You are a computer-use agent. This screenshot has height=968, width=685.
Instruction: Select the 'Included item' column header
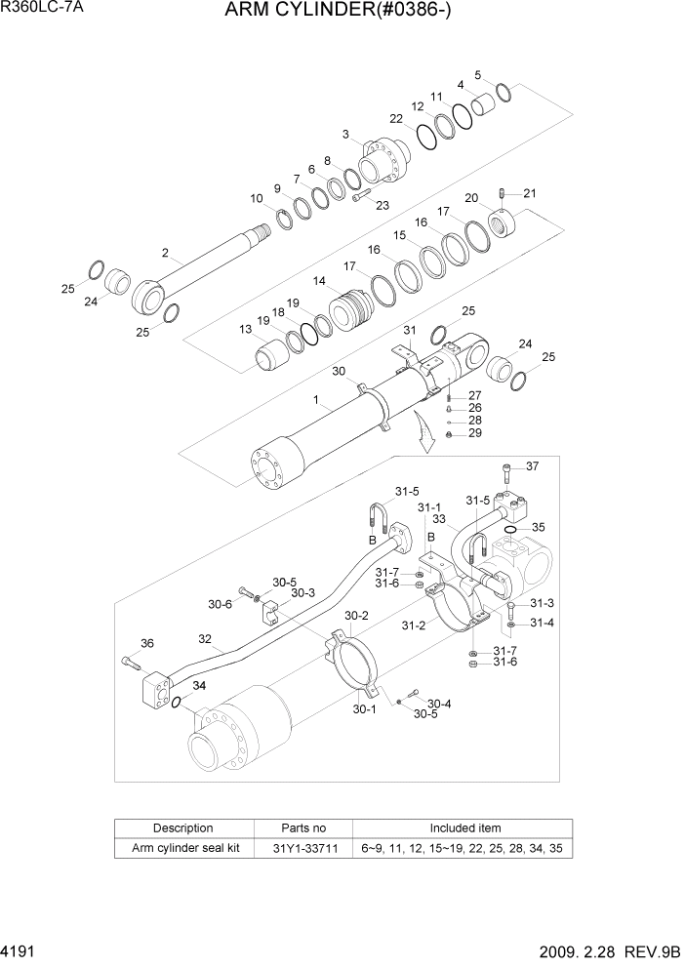point(462,827)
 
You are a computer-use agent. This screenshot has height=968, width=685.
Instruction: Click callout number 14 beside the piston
point(319,281)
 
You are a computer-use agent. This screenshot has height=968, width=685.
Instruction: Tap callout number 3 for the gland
point(345,134)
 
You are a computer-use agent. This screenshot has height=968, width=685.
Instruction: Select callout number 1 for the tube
point(315,399)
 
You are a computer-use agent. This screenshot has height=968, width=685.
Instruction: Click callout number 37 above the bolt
point(532,465)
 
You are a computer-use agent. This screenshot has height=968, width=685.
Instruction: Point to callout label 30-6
point(220,604)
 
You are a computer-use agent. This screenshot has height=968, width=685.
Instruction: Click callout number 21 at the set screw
point(530,192)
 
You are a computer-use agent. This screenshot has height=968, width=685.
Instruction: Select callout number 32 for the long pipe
point(205,641)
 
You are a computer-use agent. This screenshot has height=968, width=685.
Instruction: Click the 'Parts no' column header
point(303,827)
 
